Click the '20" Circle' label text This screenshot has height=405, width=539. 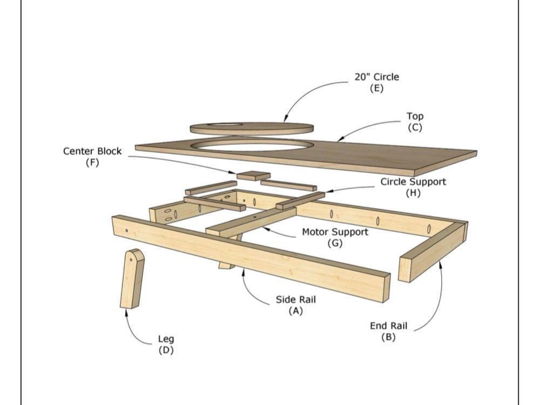[x=376, y=77]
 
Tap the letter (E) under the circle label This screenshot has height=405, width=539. [x=376, y=88]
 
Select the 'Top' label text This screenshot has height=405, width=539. [x=415, y=116]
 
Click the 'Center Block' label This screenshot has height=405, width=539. [x=92, y=151]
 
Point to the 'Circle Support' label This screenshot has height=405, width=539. [x=413, y=182]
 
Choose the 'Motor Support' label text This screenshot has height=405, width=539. [x=335, y=232]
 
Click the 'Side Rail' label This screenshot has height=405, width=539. [x=296, y=299]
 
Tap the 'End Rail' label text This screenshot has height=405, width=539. [x=388, y=326]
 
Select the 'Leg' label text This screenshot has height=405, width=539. [x=166, y=338]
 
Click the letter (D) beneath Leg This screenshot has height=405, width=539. [x=166, y=350]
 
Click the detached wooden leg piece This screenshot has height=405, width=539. [x=132, y=279]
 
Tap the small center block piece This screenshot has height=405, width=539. [x=254, y=176]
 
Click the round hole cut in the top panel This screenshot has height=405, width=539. [x=254, y=145]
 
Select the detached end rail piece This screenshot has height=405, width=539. [x=432, y=251]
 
